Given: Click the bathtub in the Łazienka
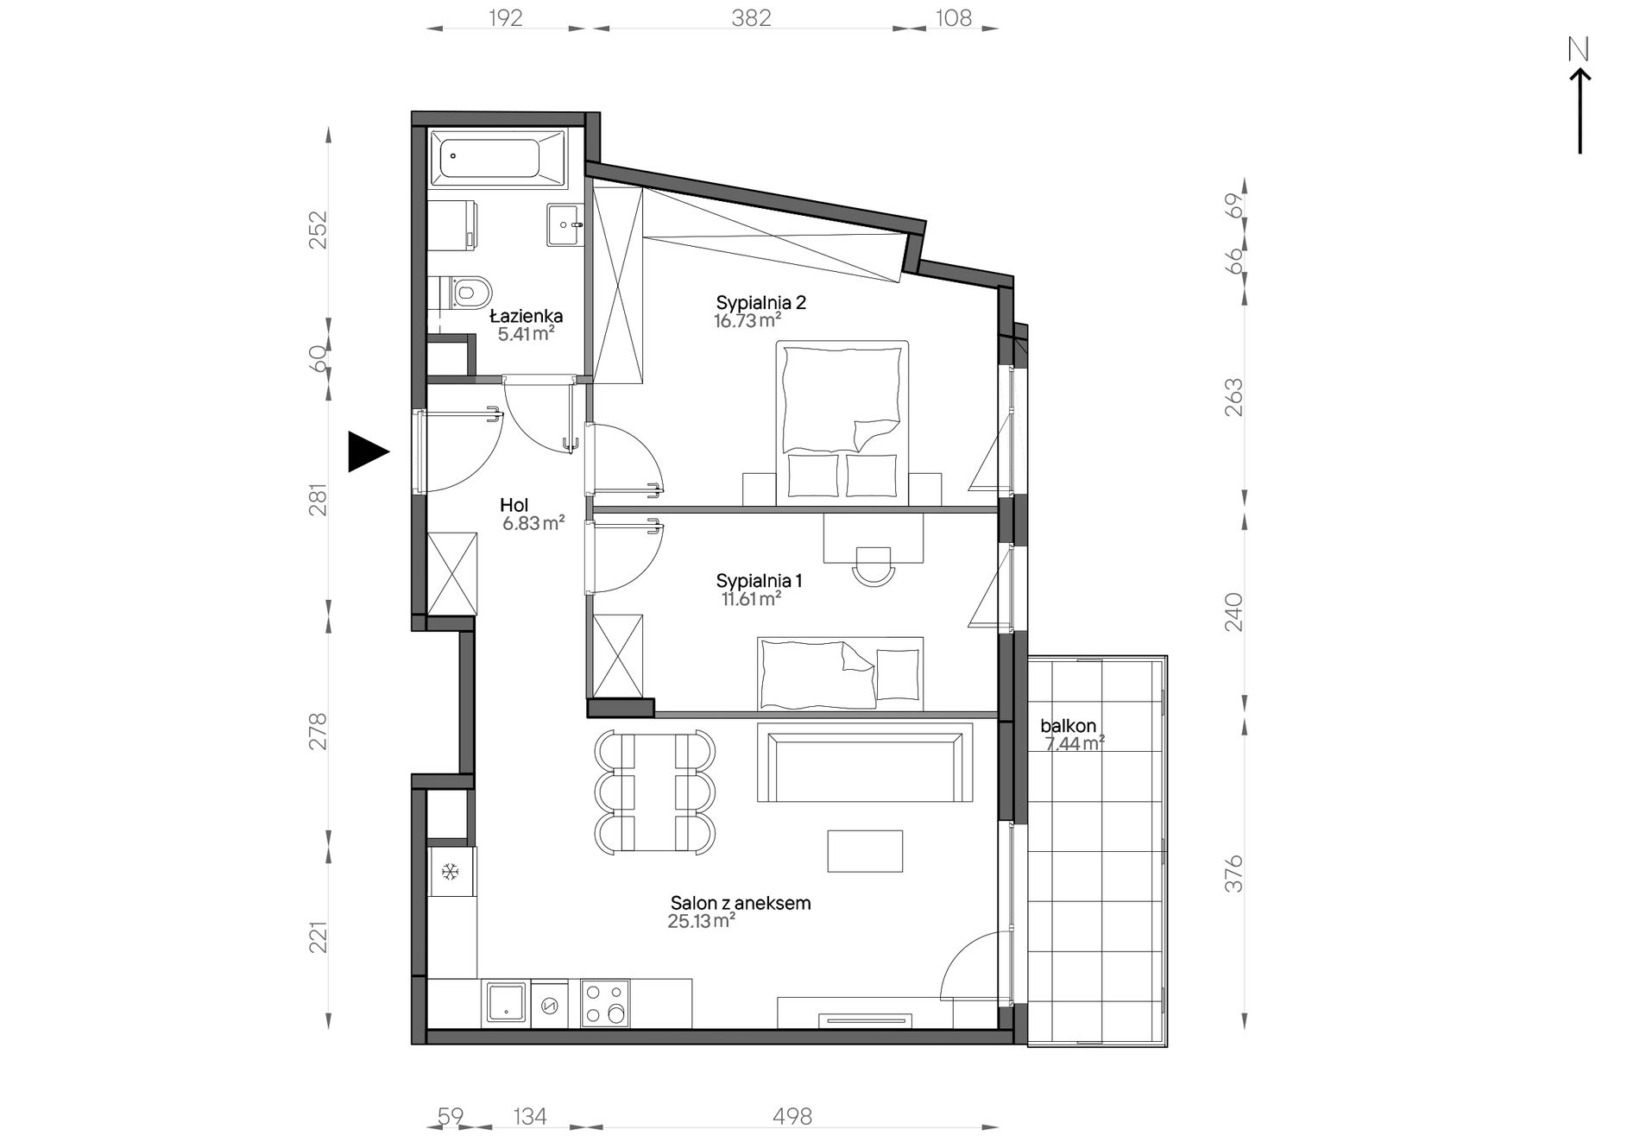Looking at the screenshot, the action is click(x=498, y=159).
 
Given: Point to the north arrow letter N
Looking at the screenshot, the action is click(x=1579, y=51).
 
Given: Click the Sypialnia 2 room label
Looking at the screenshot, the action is click(x=760, y=303).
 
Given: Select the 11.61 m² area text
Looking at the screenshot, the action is click(x=751, y=598).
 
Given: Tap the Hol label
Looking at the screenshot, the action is click(x=514, y=505).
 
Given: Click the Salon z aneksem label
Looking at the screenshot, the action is click(x=741, y=904).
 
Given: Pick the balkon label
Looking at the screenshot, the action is click(x=1068, y=726).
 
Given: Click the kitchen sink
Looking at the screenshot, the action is click(x=506, y=1003).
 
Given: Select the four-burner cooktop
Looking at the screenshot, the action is click(x=605, y=1003).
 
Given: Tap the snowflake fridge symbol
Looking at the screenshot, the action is click(x=450, y=872).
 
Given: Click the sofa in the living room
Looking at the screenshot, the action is click(x=865, y=762).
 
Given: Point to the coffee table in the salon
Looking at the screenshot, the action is click(x=865, y=851).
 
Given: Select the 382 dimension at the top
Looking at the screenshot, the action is click(x=751, y=17).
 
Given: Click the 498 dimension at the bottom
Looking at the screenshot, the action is click(x=792, y=1117).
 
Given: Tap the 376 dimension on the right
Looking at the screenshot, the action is click(x=1234, y=874).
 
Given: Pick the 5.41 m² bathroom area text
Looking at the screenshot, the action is click(x=526, y=334).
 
